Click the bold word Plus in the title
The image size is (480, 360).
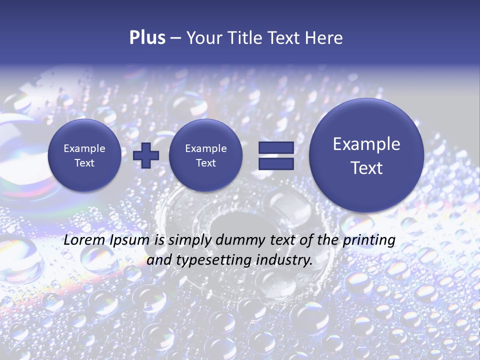pos(147,37)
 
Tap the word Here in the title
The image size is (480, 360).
pos(324,38)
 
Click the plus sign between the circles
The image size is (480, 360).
pos(146,155)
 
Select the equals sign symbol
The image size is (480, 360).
pos(276,155)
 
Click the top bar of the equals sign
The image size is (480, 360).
pos(276,147)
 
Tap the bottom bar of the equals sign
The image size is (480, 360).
pos(276,164)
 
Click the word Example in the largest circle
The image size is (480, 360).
pos(366,144)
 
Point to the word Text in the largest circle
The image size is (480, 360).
pos(366,168)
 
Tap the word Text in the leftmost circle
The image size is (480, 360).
pos(84,163)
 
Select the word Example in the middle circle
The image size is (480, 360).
pos(205,148)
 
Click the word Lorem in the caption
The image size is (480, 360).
pos(85,240)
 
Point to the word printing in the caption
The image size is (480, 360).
pos(369,240)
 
